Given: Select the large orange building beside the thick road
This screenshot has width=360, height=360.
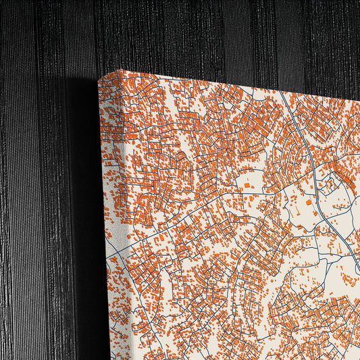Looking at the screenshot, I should coord(309,202).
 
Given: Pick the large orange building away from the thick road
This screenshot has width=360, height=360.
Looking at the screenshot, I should coord(247,184).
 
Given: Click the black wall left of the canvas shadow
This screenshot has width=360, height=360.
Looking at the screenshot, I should coord(34,203).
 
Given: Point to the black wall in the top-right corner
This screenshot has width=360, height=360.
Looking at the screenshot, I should coord(338,20).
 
